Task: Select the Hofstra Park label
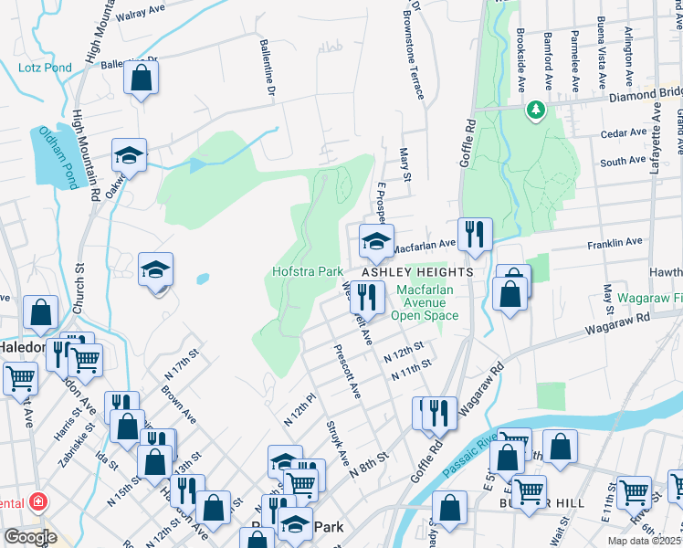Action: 307,271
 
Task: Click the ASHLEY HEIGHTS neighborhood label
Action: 417,272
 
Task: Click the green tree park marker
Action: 535,111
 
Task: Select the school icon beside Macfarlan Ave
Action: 375,242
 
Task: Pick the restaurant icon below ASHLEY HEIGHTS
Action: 367,297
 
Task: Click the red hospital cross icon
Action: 38,501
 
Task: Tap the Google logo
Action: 30,537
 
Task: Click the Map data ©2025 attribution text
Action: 643,541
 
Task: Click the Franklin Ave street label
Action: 585,243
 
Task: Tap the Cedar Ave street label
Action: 624,133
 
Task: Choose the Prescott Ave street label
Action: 348,371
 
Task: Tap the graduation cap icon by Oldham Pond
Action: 130,155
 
